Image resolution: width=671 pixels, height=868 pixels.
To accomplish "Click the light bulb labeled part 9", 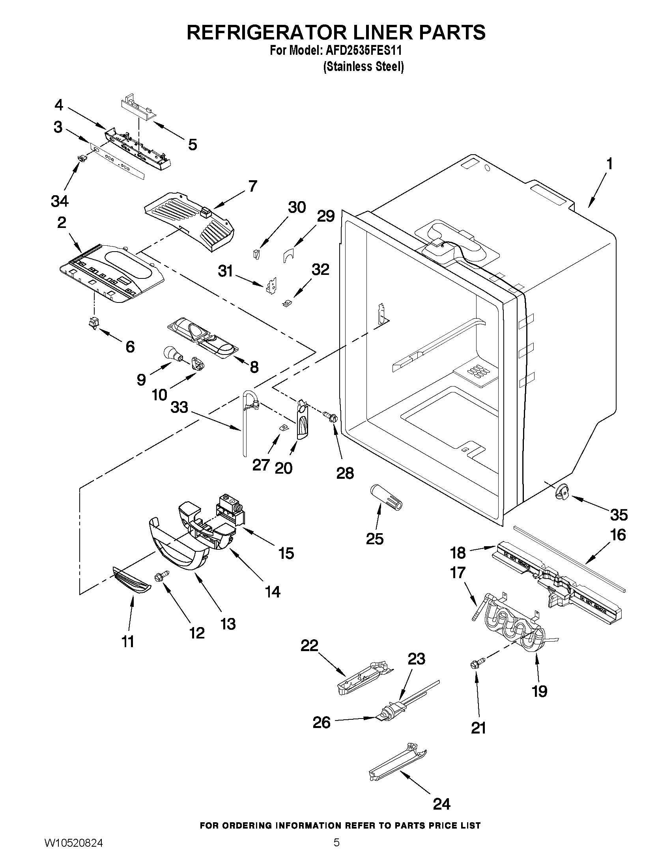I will tap(172, 353).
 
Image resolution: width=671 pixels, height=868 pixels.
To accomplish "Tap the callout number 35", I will tap(619, 515).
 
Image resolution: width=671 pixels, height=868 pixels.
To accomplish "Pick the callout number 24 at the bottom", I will tap(441, 804).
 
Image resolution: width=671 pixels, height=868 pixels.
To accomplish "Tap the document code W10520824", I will tap(73, 851).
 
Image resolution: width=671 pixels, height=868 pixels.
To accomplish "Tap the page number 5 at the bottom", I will tap(336, 851).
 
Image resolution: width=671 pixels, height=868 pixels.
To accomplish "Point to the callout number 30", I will tap(297, 207).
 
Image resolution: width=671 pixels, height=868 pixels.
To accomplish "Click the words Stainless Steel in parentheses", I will tap(364, 66).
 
